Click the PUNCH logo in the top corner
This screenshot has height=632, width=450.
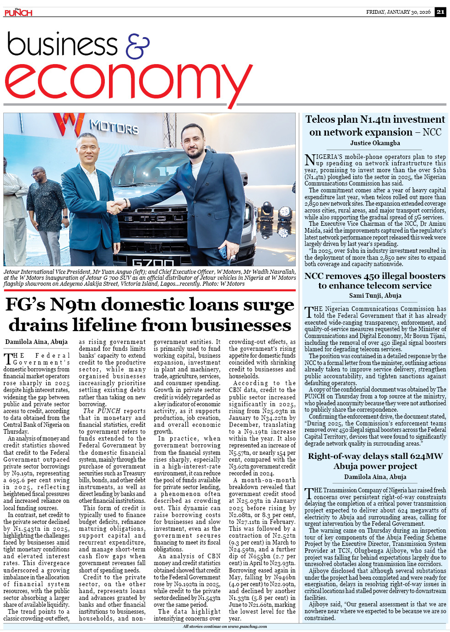(x=18, y=12)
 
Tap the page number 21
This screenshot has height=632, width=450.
(x=440, y=12)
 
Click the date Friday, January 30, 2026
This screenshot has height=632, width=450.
(x=398, y=12)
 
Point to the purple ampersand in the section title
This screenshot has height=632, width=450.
(x=137, y=46)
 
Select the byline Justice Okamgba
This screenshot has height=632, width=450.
(x=375, y=143)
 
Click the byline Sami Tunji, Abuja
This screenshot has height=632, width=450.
(x=375, y=296)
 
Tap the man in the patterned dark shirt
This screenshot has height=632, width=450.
(x=46, y=206)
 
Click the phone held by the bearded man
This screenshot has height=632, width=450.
(x=223, y=251)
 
